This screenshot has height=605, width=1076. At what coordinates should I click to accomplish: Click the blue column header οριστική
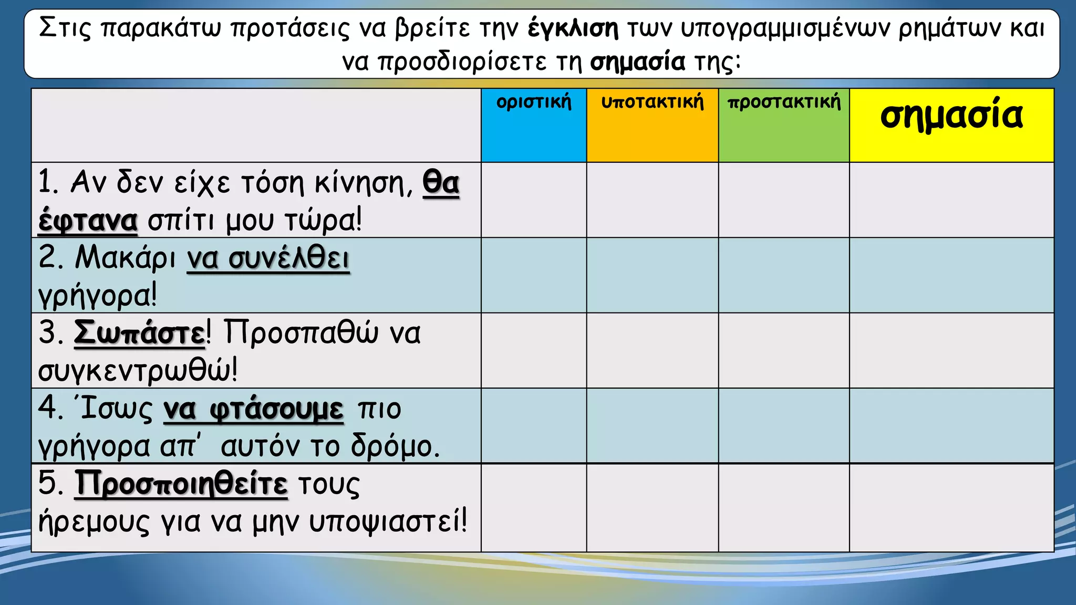tap(534, 102)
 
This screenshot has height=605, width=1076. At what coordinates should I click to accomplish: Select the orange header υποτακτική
tap(652, 102)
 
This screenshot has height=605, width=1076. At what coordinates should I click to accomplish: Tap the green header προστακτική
tap(784, 102)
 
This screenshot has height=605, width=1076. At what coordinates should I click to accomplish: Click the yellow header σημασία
tap(951, 116)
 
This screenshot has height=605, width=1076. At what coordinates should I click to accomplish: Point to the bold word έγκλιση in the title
tap(573, 28)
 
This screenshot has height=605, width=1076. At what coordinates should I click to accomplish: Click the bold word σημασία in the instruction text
tap(637, 62)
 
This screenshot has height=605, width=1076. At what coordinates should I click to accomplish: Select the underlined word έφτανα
tap(88, 221)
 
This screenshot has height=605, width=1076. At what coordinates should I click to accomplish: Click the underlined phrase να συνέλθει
tap(268, 259)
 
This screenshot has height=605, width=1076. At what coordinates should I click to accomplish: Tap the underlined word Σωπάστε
tap(139, 333)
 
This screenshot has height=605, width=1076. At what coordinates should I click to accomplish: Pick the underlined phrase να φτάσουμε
tap(253, 410)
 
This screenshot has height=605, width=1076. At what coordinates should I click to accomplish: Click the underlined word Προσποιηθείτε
tap(181, 484)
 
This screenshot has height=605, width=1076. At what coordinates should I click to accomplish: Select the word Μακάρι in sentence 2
tap(125, 258)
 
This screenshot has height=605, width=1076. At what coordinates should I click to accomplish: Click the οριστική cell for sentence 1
tap(534, 200)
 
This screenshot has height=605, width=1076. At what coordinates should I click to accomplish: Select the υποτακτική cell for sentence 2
tap(652, 275)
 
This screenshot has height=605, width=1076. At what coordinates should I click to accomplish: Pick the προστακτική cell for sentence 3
tap(784, 350)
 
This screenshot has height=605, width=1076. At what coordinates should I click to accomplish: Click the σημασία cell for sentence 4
tap(951, 426)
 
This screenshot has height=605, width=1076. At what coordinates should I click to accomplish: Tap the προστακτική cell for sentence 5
tap(784, 508)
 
